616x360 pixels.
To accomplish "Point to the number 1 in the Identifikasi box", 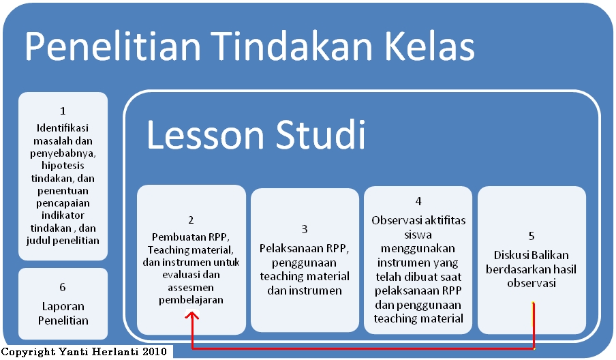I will (x=63, y=110).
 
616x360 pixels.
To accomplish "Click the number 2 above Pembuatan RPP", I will (x=191, y=220).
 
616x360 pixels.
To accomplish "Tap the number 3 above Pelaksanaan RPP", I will (x=305, y=229).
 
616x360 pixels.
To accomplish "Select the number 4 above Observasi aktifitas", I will (x=418, y=201).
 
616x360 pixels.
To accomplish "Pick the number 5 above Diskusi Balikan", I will (x=532, y=236).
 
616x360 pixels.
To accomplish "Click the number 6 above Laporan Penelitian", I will (x=63, y=288).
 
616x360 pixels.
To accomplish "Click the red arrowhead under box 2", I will (x=192, y=315).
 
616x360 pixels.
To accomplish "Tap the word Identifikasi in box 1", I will (x=63, y=127).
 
